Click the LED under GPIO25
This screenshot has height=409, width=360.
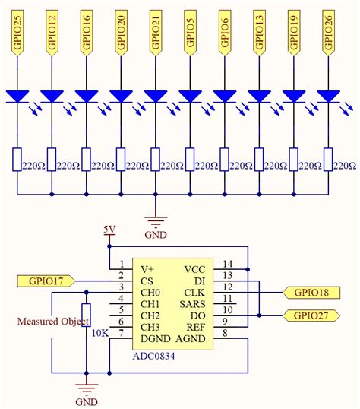[17, 97]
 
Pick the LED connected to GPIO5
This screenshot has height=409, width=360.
[190, 97]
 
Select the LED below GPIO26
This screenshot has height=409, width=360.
[329, 97]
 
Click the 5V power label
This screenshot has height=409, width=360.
[110, 229]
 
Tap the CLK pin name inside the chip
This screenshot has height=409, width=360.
[194, 293]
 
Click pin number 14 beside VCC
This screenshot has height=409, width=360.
[226, 263]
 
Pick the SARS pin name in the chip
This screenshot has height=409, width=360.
[191, 304]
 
